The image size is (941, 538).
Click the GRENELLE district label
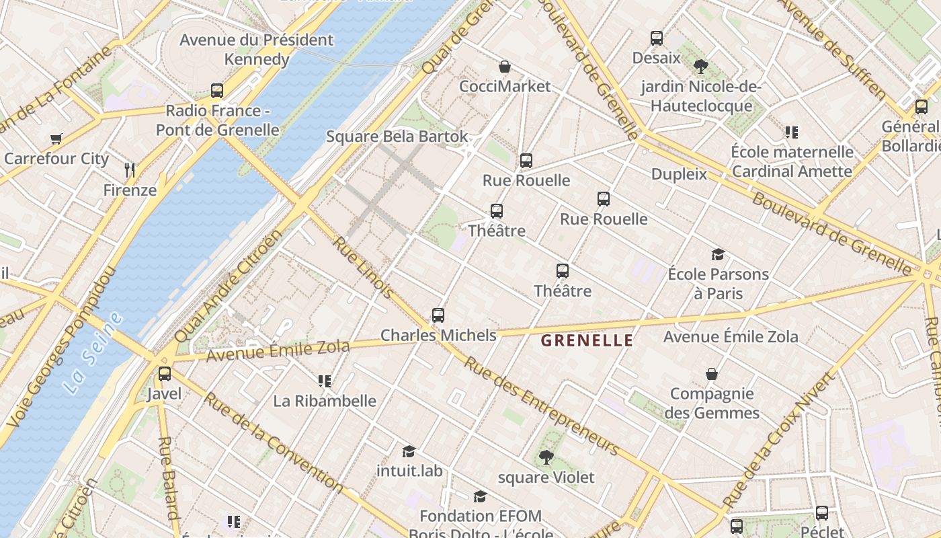point(587,340)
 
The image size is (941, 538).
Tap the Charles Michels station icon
point(438,315)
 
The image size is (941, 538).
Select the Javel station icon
point(165,374)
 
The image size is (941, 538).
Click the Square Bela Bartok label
point(397,137)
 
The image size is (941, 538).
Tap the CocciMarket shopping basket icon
point(504,67)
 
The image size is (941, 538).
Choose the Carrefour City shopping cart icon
point(56,139)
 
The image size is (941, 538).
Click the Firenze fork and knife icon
point(130,170)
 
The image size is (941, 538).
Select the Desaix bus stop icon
point(657,38)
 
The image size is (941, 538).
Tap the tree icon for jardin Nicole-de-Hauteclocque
point(701,66)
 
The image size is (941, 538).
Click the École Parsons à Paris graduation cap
point(718,254)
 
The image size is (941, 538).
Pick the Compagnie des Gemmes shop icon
point(712,374)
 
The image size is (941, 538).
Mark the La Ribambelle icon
point(325,381)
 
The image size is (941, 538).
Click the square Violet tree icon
point(546,457)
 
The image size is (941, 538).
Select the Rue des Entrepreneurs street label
point(541,405)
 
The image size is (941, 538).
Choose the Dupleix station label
point(679,174)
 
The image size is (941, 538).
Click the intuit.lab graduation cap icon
point(409,451)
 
